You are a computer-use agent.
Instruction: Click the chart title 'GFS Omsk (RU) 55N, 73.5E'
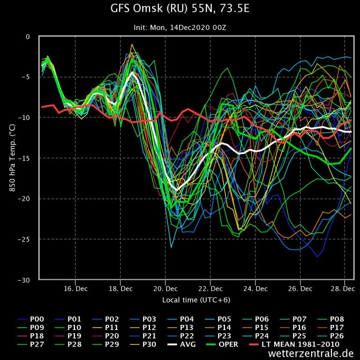[x=180, y=8]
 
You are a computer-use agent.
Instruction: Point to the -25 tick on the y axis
[x=28, y=240]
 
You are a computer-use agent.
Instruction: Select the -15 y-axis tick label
[x=28, y=158]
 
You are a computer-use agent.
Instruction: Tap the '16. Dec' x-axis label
[x=75, y=289]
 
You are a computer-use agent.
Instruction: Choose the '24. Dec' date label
[x=256, y=289]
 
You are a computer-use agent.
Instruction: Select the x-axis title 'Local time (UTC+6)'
[x=196, y=300]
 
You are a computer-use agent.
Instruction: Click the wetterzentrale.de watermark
[x=311, y=353]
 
